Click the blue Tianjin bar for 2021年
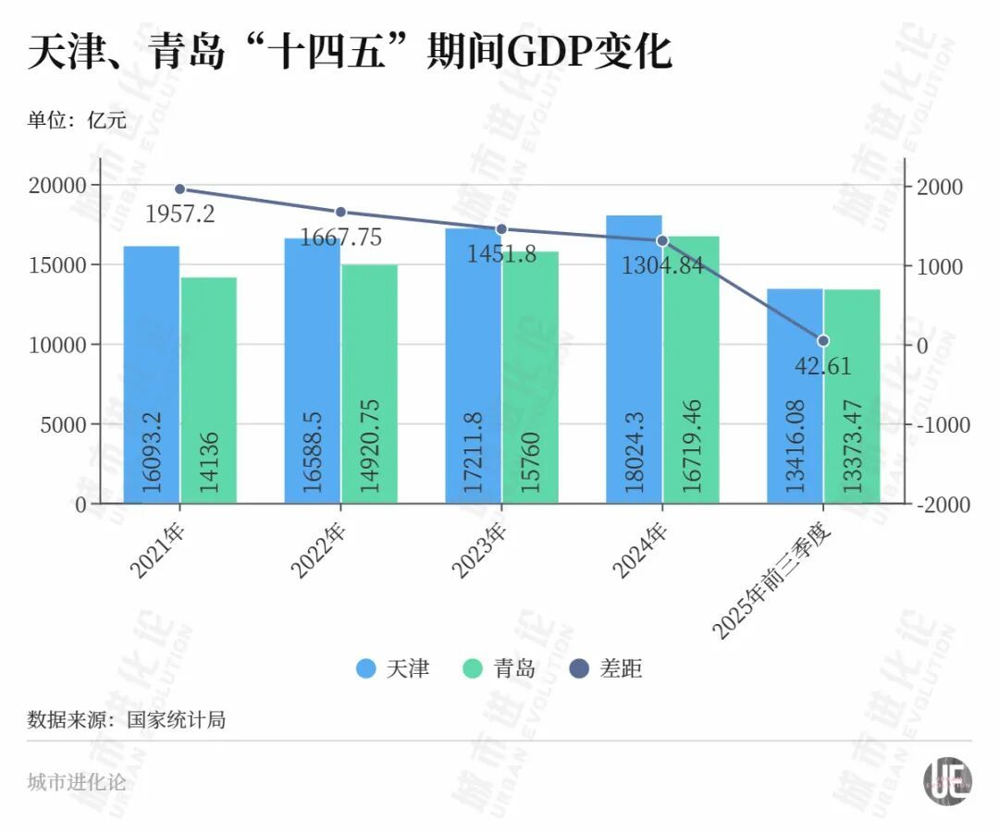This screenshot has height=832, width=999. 152,374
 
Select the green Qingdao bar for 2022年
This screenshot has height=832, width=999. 369,384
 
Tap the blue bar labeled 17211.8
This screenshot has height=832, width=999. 473,365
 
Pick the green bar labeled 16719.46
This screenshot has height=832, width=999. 691,370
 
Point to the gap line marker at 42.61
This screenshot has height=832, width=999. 823,341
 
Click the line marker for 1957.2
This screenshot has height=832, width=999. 180,189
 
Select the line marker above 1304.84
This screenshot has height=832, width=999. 662,240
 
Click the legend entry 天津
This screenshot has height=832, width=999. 393,669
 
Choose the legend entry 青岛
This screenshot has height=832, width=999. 500,669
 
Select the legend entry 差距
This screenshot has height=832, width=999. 607,669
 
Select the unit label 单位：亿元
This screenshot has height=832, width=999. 77,120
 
